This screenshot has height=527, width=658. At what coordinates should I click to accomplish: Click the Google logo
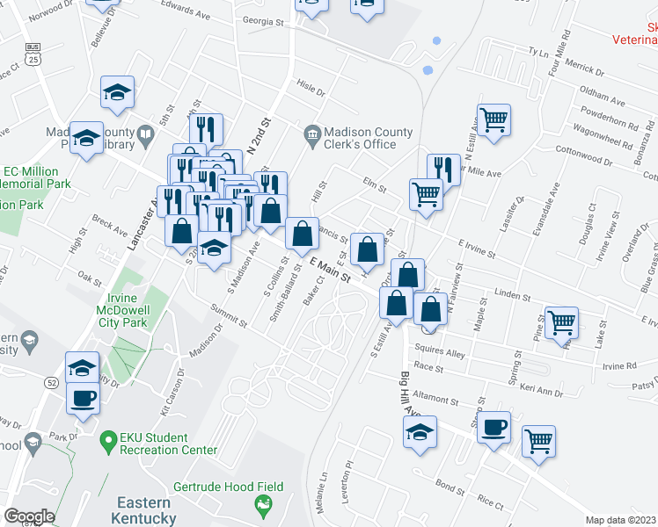pos(29,516)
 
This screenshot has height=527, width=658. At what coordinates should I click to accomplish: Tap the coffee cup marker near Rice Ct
pos(495,426)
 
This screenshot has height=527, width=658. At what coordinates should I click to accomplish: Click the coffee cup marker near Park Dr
pos(84,397)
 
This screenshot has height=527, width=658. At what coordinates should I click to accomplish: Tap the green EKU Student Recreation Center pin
pos(109,437)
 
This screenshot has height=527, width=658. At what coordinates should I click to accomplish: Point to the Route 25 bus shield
pos(34,54)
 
